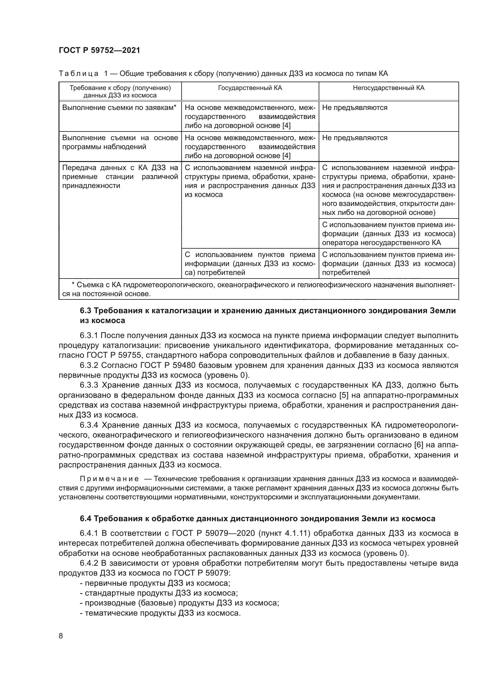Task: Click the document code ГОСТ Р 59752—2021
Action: click(x=99, y=51)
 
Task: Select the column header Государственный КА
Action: click(x=250, y=88)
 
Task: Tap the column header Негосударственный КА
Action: click(x=389, y=88)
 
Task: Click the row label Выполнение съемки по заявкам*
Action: click(x=119, y=108)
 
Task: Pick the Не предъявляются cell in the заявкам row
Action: click(x=355, y=108)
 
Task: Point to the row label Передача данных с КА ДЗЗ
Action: click(x=120, y=177)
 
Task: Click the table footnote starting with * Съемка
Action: click(x=259, y=289)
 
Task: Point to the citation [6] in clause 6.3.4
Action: click(x=419, y=445)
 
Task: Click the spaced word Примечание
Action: click(x=109, y=479)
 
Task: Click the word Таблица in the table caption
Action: click(x=79, y=74)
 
